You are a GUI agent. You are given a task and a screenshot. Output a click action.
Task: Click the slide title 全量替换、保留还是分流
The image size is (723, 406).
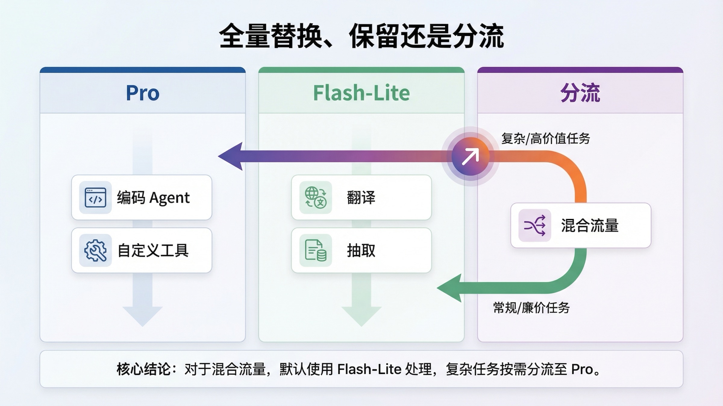(361, 36)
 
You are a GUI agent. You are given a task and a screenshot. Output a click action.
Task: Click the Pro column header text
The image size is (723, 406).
(142, 93)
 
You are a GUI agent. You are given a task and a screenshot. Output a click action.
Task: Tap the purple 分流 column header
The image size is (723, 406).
(580, 93)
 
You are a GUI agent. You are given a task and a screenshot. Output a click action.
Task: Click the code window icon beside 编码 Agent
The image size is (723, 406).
(95, 198)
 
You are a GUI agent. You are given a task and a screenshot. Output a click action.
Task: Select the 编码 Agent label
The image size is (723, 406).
(153, 198)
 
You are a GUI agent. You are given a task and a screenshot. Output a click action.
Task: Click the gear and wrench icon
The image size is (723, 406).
(95, 251)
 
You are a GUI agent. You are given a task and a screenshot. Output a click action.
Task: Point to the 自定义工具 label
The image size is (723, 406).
(153, 251)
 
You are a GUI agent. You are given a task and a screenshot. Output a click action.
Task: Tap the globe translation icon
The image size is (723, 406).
(315, 198)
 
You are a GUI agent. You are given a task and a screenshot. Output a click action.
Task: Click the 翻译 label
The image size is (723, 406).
(361, 198)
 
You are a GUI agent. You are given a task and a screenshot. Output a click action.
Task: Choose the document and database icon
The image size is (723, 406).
(315, 251)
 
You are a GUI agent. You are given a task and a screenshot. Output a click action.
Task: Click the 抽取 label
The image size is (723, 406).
(361, 251)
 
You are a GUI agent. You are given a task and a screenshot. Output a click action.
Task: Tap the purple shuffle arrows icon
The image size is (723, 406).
(535, 225)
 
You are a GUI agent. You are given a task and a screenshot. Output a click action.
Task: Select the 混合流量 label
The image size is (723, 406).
(590, 225)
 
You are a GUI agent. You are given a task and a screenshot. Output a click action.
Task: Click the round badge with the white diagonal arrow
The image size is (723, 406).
(471, 156)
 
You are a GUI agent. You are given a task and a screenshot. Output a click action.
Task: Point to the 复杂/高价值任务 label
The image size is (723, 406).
(545, 139)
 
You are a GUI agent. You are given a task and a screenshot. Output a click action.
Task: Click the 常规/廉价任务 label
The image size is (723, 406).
(531, 308)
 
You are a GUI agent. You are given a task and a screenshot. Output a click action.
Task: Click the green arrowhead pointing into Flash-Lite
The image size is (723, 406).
(450, 288)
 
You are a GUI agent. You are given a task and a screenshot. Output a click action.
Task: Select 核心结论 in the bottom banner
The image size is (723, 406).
(143, 369)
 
